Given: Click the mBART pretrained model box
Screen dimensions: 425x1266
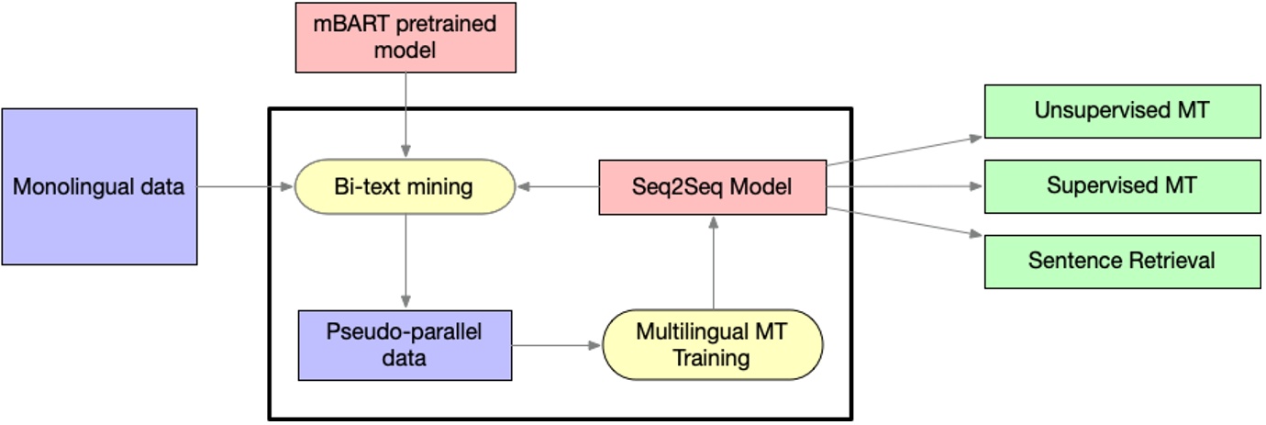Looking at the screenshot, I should click(405, 37).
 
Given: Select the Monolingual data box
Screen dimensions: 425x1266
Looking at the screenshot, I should click(99, 186).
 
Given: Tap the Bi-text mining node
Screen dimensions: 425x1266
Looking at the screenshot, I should click(405, 187).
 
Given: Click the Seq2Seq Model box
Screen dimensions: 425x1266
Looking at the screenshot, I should click(712, 187).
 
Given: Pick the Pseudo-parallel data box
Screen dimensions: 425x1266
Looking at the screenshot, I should click(405, 345).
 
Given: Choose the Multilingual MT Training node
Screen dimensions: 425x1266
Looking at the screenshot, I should click(712, 345).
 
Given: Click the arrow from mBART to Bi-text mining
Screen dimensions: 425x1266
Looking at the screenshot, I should click(405, 115).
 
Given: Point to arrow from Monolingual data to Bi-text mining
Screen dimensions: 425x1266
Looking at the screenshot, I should click(243, 187).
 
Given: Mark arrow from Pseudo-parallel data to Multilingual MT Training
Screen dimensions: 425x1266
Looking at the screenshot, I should click(556, 346).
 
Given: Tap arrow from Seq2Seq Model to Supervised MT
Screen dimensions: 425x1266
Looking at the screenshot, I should click(905, 186).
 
